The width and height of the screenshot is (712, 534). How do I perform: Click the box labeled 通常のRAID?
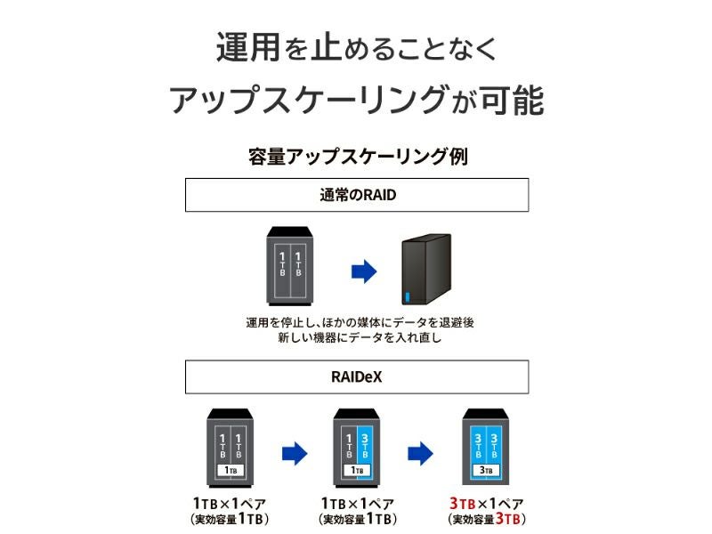[357, 195]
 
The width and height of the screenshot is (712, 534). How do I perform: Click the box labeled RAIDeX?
[357, 376]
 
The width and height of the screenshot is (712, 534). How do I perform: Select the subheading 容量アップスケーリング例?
[358, 157]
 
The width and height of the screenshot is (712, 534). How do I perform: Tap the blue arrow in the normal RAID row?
[364, 271]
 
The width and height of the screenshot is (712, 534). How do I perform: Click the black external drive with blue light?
[426, 270]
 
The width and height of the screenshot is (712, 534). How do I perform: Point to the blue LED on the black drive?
[407, 297]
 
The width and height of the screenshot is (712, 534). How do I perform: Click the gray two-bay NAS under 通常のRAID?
[290, 265]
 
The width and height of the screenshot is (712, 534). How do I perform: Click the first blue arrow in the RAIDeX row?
[295, 453]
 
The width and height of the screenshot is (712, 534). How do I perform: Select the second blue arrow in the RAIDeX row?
[420, 453]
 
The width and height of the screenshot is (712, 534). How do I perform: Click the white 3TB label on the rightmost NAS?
[486, 471]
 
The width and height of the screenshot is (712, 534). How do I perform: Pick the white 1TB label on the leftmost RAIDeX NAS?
[231, 471]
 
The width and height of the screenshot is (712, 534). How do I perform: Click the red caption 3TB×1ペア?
[486, 503]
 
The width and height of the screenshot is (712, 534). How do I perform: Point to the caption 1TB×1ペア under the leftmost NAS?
[230, 503]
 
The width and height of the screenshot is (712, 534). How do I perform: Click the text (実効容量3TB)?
[486, 519]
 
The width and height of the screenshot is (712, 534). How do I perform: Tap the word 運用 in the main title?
[248, 47]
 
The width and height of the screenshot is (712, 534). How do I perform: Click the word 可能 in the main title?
[513, 101]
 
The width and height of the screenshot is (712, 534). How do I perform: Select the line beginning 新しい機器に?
[360, 337]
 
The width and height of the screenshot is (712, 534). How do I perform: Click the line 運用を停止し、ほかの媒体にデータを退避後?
[360, 322]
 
